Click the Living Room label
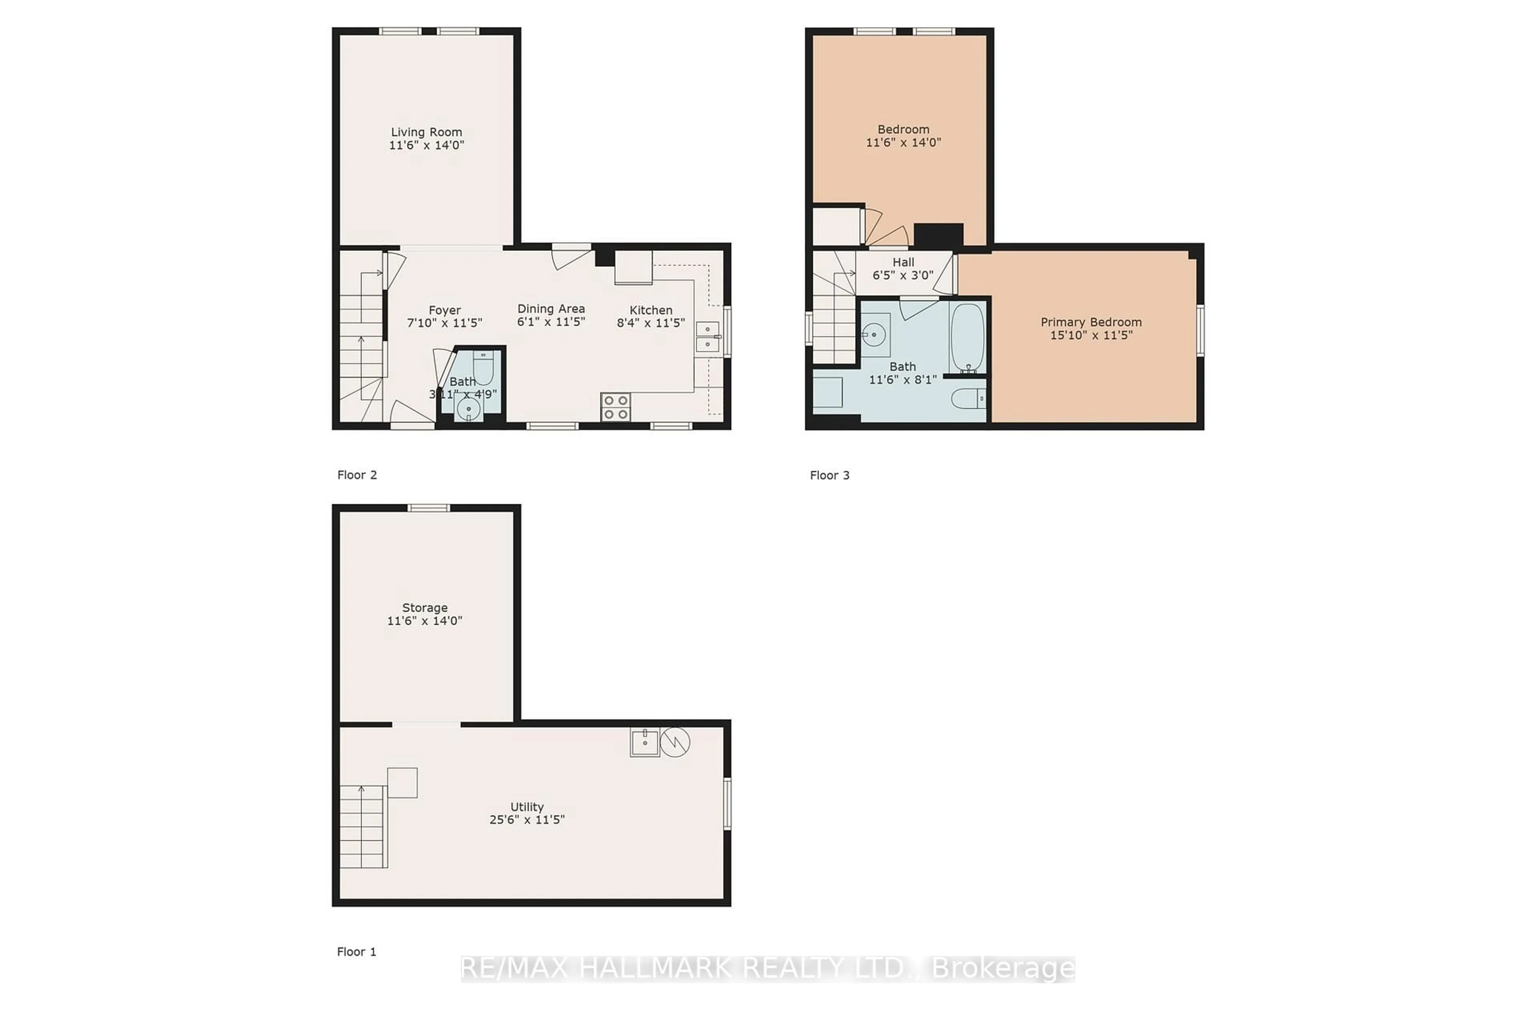coord(426,132)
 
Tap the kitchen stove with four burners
coord(615,407)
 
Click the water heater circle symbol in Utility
coord(675,742)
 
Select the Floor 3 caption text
coord(829,475)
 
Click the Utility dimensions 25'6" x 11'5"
coord(526,819)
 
